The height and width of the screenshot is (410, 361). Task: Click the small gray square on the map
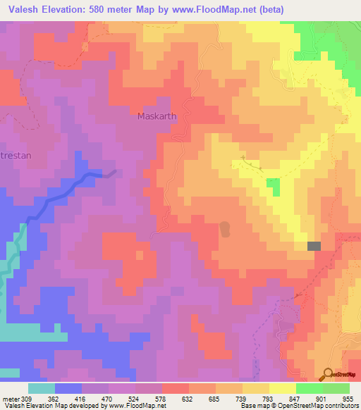coord(314,245)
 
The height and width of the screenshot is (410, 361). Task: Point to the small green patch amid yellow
coord(272,187)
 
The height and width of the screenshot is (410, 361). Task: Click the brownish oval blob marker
coord(225,230)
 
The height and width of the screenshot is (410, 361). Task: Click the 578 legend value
coord(161,398)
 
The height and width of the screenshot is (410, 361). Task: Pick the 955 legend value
coord(348,398)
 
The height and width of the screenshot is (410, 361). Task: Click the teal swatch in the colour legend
coord(42,388)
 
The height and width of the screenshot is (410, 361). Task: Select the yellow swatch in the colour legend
coord(282,388)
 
